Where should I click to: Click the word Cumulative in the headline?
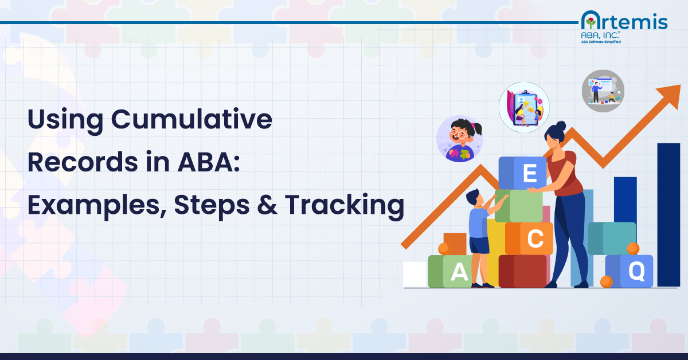(191, 120)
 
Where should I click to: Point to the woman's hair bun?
(560, 126)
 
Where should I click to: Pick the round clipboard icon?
(523, 107)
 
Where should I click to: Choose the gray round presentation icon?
(603, 91)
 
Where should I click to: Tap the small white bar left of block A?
(415, 274)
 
